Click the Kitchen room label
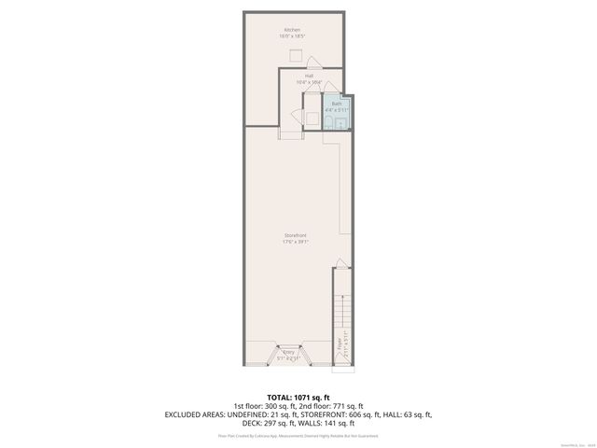point(293,31)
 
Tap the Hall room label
point(295,76)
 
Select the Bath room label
point(336,104)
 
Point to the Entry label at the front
point(288,352)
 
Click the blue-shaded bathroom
point(337,113)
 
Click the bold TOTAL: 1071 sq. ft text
point(298,398)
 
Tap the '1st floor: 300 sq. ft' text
point(263,406)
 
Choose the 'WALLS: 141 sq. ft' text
point(328,422)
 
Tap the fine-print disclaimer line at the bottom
point(298,435)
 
